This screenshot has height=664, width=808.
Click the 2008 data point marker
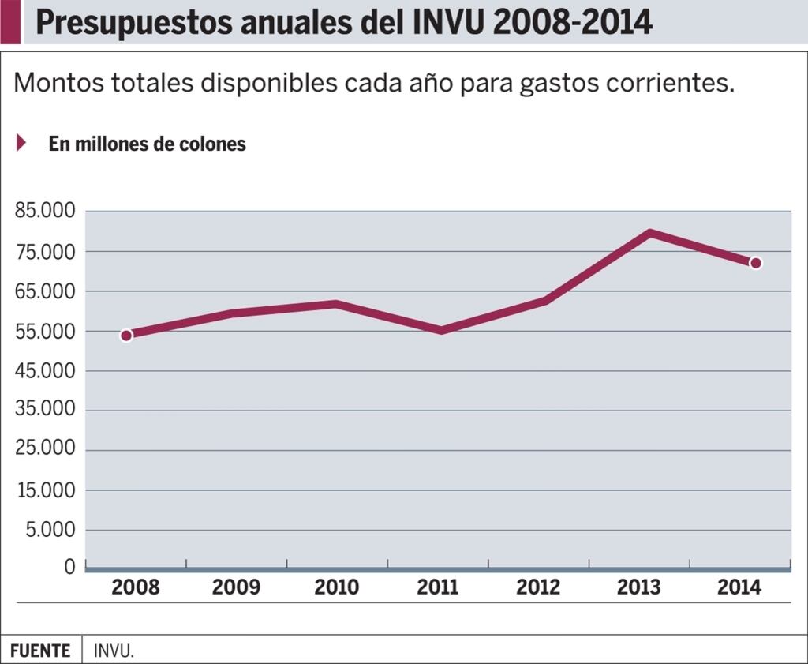click(x=126, y=336)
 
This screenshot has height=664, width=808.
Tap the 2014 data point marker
click(x=755, y=263)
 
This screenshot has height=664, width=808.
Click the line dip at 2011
click(x=440, y=329)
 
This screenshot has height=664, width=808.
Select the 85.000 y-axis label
click(x=45, y=212)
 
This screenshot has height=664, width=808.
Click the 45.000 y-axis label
click(x=45, y=370)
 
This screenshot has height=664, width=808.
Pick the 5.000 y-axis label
click(x=50, y=529)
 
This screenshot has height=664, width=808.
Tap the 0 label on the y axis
click(x=69, y=567)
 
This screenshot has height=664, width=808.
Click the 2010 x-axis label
click(x=337, y=587)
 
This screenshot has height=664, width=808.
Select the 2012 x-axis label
click(x=538, y=587)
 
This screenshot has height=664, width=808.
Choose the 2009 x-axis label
click(x=236, y=587)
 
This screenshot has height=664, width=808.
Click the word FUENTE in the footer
click(x=40, y=651)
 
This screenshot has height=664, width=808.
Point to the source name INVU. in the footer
click(x=114, y=651)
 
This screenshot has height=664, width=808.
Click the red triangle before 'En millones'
click(x=22, y=143)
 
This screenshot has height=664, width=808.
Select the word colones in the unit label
click(x=212, y=144)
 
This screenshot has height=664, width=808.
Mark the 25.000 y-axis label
click(x=45, y=449)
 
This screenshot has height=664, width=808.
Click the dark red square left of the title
click(x=9, y=22)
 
